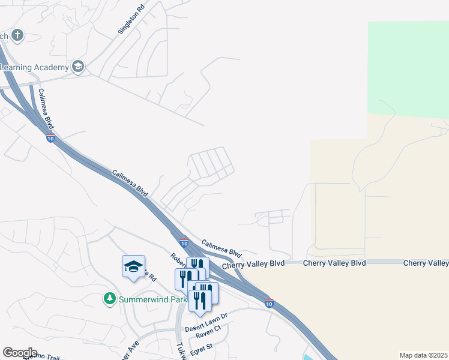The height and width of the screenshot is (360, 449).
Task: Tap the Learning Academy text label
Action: click(34, 67)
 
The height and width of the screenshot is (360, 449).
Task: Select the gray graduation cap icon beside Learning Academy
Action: click(78, 66)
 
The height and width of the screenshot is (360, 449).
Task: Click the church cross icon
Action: click(17, 35)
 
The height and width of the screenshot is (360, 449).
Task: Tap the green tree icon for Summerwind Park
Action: click(109, 298)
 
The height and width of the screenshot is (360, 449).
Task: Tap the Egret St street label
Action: click(202, 347)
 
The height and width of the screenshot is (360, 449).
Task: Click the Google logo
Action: click(20, 353)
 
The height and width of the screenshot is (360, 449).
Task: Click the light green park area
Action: click(408, 66)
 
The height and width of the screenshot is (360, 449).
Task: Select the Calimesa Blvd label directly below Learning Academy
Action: click(46, 109)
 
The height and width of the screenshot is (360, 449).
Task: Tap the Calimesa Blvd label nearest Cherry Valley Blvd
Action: click(221, 248)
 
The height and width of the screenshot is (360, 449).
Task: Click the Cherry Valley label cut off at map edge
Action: click(426, 263)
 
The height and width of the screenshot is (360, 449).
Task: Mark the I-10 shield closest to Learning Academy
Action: click(50, 138)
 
